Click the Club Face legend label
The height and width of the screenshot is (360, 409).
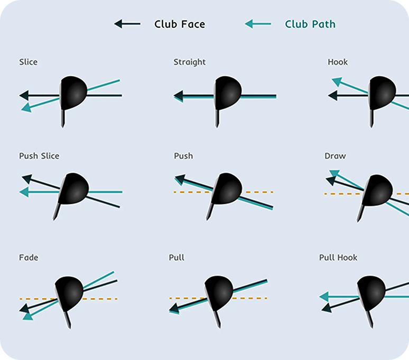(180, 24)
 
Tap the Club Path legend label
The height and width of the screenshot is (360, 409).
(310, 24)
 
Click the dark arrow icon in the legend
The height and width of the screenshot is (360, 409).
(127, 24)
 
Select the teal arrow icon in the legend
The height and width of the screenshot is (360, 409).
(258, 24)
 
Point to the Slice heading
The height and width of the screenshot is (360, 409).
(28, 62)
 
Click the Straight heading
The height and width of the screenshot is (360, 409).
(190, 62)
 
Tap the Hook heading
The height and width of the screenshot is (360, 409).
(338, 62)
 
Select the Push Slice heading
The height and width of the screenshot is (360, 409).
(39, 156)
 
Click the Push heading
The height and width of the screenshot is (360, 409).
(184, 156)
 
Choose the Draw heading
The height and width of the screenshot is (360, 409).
(335, 156)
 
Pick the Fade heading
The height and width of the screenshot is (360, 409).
(29, 258)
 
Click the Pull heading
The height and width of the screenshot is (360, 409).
(176, 258)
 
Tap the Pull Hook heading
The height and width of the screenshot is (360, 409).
(338, 258)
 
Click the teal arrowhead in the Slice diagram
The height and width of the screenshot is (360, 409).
(26, 108)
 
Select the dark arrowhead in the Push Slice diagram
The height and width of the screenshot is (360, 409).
(27, 179)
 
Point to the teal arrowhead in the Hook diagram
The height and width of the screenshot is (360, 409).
(337, 81)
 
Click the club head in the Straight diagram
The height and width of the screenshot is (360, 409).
(228, 93)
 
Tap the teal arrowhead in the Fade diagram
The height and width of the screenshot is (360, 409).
(28, 316)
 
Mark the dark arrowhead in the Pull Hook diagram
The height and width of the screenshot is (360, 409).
(327, 308)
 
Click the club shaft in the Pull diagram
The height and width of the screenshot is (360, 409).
(217, 319)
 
